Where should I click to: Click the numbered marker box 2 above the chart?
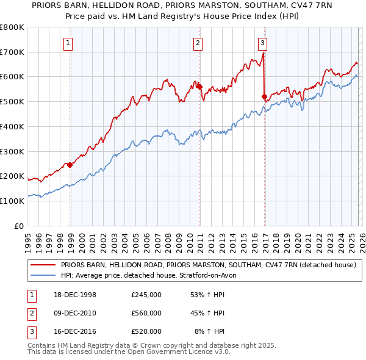pyautogui.click(x=198, y=43)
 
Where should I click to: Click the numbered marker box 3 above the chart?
pyautogui.click(x=262, y=43)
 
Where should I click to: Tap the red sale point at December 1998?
pyautogui.click(x=70, y=165)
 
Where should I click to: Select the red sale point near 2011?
pyautogui.click(x=199, y=87)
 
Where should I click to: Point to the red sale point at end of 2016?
pyautogui.click(x=264, y=96)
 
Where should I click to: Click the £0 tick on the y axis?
pyautogui.click(x=18, y=226)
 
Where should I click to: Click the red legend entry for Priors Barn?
pyautogui.click(x=207, y=265)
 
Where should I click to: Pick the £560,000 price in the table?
pyautogui.click(x=146, y=313)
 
